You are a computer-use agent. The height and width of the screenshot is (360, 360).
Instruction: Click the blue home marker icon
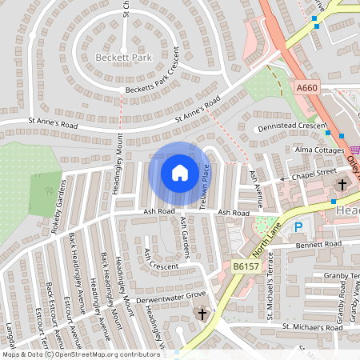(180, 172)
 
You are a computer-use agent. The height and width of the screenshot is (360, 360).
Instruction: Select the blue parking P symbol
(298, 226)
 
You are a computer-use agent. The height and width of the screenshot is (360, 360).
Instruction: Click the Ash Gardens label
(185, 237)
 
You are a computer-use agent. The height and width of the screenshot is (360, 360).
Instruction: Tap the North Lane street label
(266, 234)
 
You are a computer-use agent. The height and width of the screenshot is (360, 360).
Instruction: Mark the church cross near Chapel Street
(342, 185)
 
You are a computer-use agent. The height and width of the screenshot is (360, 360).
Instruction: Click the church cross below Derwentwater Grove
(202, 314)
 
